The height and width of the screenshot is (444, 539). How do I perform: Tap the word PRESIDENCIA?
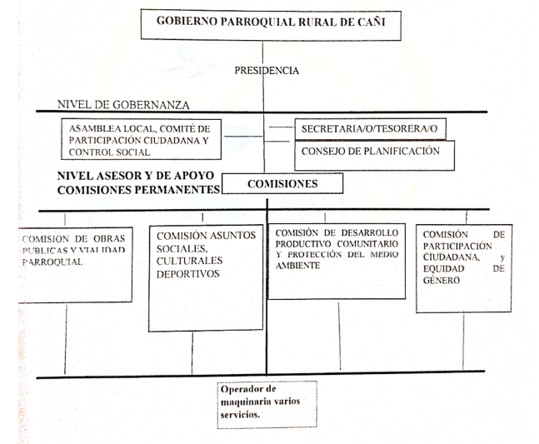pyautogui.click(x=267, y=71)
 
